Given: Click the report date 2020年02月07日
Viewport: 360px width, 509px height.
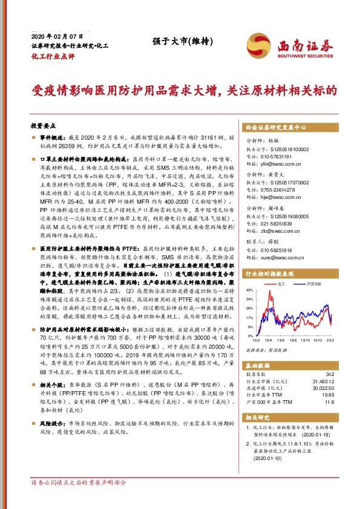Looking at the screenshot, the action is point(51,37).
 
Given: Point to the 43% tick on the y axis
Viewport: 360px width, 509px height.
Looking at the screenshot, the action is point(249,291).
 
